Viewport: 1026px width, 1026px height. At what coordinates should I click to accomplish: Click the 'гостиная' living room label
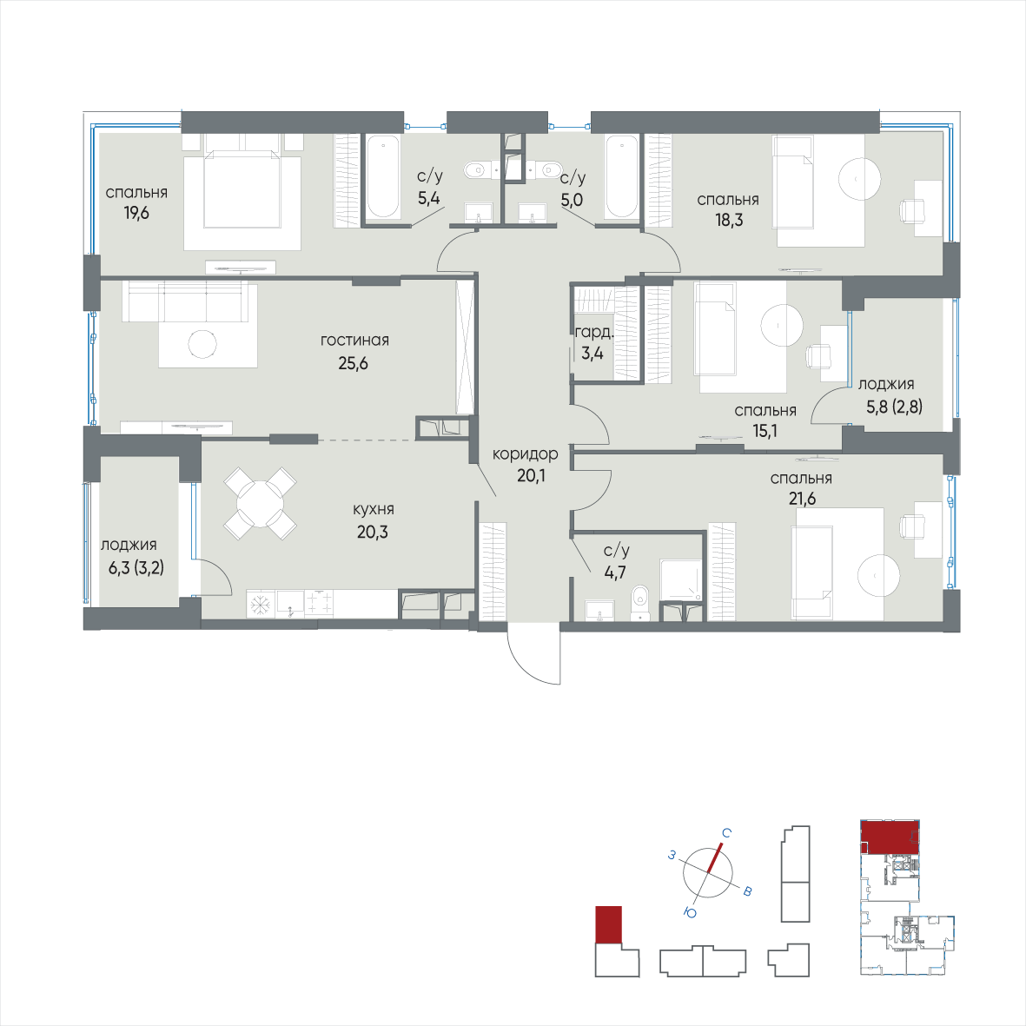point(354,341)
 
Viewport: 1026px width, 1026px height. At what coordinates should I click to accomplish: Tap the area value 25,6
point(354,363)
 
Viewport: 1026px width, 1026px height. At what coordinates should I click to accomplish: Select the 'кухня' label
point(373,509)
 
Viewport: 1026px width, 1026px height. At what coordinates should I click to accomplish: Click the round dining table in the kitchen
point(261,503)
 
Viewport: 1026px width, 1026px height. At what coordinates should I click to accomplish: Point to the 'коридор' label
point(526,453)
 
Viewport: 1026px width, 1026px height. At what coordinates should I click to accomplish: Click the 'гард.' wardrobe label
point(594,333)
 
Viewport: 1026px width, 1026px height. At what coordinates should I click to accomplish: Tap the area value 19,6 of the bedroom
point(136,213)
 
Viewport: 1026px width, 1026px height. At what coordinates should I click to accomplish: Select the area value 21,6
point(802,499)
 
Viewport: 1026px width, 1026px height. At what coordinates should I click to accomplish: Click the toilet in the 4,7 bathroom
point(639,603)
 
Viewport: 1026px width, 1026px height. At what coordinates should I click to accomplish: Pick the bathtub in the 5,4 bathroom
point(381,176)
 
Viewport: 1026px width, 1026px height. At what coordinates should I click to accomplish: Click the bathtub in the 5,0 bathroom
point(622,176)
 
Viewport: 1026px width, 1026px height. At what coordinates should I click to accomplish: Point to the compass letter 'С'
point(726,833)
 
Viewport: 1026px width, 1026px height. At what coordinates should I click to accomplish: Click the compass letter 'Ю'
point(691,913)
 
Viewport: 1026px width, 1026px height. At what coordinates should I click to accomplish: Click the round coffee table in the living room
point(202,343)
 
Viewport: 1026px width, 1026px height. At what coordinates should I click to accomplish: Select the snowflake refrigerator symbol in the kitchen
point(261,603)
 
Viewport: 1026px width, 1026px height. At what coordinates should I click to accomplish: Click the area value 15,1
point(765,431)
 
